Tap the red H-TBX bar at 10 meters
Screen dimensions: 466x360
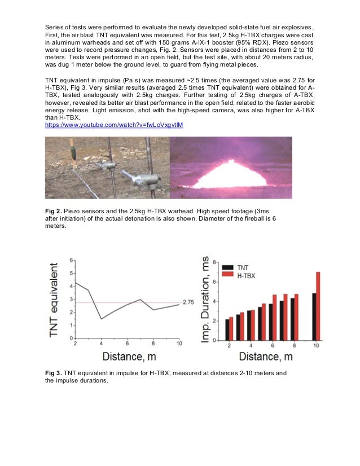[318, 305]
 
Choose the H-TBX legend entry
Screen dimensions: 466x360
[239, 274]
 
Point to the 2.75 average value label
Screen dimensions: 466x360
[189, 302]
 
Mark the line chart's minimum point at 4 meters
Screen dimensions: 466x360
[101, 319]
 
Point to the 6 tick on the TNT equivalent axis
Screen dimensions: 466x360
[71, 260]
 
